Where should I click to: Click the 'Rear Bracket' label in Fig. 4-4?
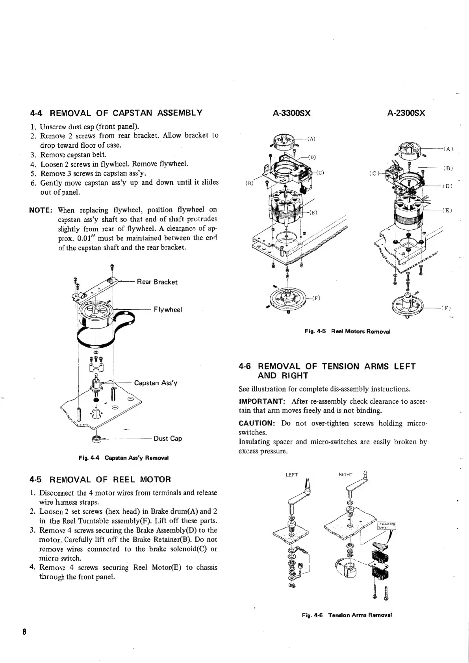(x=157, y=282)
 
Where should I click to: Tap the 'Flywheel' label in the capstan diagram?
(x=168, y=310)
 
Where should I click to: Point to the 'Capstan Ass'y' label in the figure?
(x=156, y=383)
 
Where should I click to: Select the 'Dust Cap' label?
(x=168, y=438)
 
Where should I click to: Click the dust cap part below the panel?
(x=96, y=438)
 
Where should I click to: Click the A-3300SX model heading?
(x=292, y=113)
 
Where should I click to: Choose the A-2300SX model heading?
(x=406, y=113)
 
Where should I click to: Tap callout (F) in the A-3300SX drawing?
(x=315, y=298)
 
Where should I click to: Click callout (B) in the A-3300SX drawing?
(x=249, y=183)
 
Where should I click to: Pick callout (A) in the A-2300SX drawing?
(x=448, y=149)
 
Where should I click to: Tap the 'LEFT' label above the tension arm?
(x=291, y=475)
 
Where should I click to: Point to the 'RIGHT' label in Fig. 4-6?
(x=345, y=475)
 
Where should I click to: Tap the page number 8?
(x=24, y=632)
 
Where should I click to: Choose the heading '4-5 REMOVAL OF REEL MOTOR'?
(x=100, y=480)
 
